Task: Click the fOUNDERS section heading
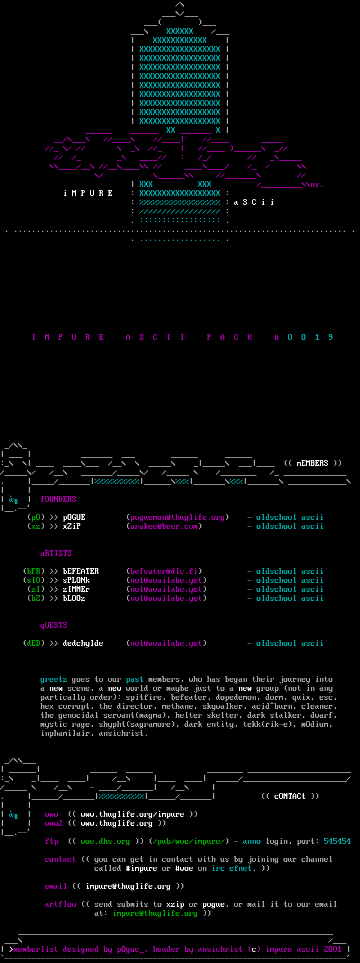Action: pyautogui.click(x=58, y=499)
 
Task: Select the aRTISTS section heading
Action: pyautogui.click(x=56, y=553)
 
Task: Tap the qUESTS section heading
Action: pyautogui.click(x=53, y=625)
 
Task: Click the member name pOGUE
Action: pyautogui.click(x=74, y=517)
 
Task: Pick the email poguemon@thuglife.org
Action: pyautogui.click(x=177, y=517)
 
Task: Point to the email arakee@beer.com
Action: pyautogui.click(x=164, y=526)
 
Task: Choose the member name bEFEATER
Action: pyautogui.click(x=80, y=571)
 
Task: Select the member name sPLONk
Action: pyautogui.click(x=76, y=580)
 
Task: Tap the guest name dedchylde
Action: pyautogui.click(x=83, y=643)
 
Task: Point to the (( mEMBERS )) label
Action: pyautogui.click(x=312, y=463)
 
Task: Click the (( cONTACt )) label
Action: pyautogui.click(x=290, y=796)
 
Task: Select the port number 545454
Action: pyautogui.click(x=337, y=841)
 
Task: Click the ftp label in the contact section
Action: pyautogui.click(x=51, y=841)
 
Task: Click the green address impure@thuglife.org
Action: pyautogui.click(x=155, y=913)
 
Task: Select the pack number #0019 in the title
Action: pyautogui.click(x=303, y=337)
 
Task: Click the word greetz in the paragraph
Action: pyautogui.click(x=53, y=679)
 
